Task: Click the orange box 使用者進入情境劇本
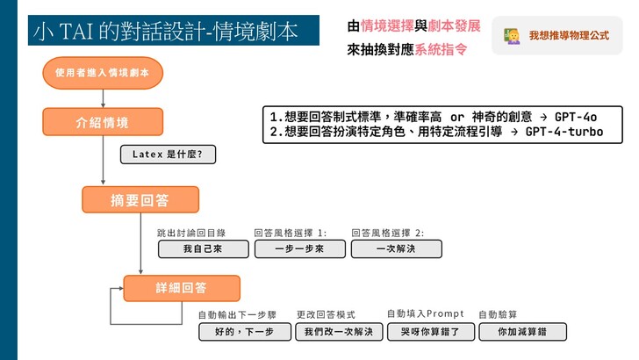pyautogui.click(x=103, y=73)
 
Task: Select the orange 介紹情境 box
pyautogui.click(x=103, y=122)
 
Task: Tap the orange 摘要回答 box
pyautogui.click(x=140, y=200)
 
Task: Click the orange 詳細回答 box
pyautogui.click(x=182, y=288)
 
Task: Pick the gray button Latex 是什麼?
pyautogui.click(x=168, y=155)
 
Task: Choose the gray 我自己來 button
pyautogui.click(x=204, y=249)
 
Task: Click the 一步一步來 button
pyautogui.click(x=300, y=249)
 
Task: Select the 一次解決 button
pyautogui.click(x=397, y=249)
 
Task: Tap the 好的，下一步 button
pyautogui.click(x=245, y=332)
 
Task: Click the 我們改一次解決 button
pyautogui.click(x=339, y=332)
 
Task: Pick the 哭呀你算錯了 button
pyautogui.click(x=431, y=332)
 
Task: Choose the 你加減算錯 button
pyautogui.click(x=522, y=332)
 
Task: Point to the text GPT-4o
pyautogui.click(x=576, y=118)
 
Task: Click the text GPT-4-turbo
pyautogui.click(x=564, y=132)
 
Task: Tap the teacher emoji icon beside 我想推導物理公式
pyautogui.click(x=512, y=36)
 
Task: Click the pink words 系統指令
pyautogui.click(x=441, y=50)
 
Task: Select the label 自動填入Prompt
pyautogui.click(x=425, y=313)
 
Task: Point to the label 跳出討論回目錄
pyautogui.click(x=191, y=234)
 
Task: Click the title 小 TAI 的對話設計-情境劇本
pyautogui.click(x=165, y=32)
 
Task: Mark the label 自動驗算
pyautogui.click(x=498, y=314)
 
